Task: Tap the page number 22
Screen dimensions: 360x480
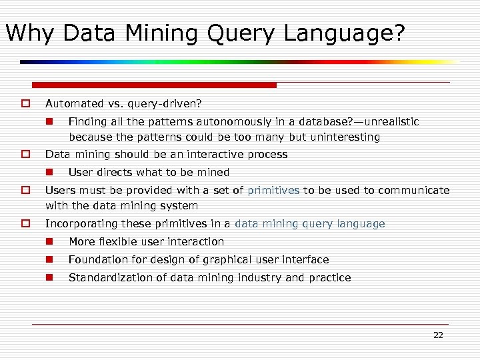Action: [x=438, y=335]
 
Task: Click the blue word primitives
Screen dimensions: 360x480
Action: [x=273, y=190]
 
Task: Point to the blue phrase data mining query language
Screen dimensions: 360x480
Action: [x=310, y=224]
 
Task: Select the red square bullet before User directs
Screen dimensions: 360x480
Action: [x=50, y=172]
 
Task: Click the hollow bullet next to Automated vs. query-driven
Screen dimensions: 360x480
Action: [x=25, y=104]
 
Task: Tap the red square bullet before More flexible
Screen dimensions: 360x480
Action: [x=50, y=241]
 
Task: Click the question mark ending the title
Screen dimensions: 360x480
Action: [x=399, y=33]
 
